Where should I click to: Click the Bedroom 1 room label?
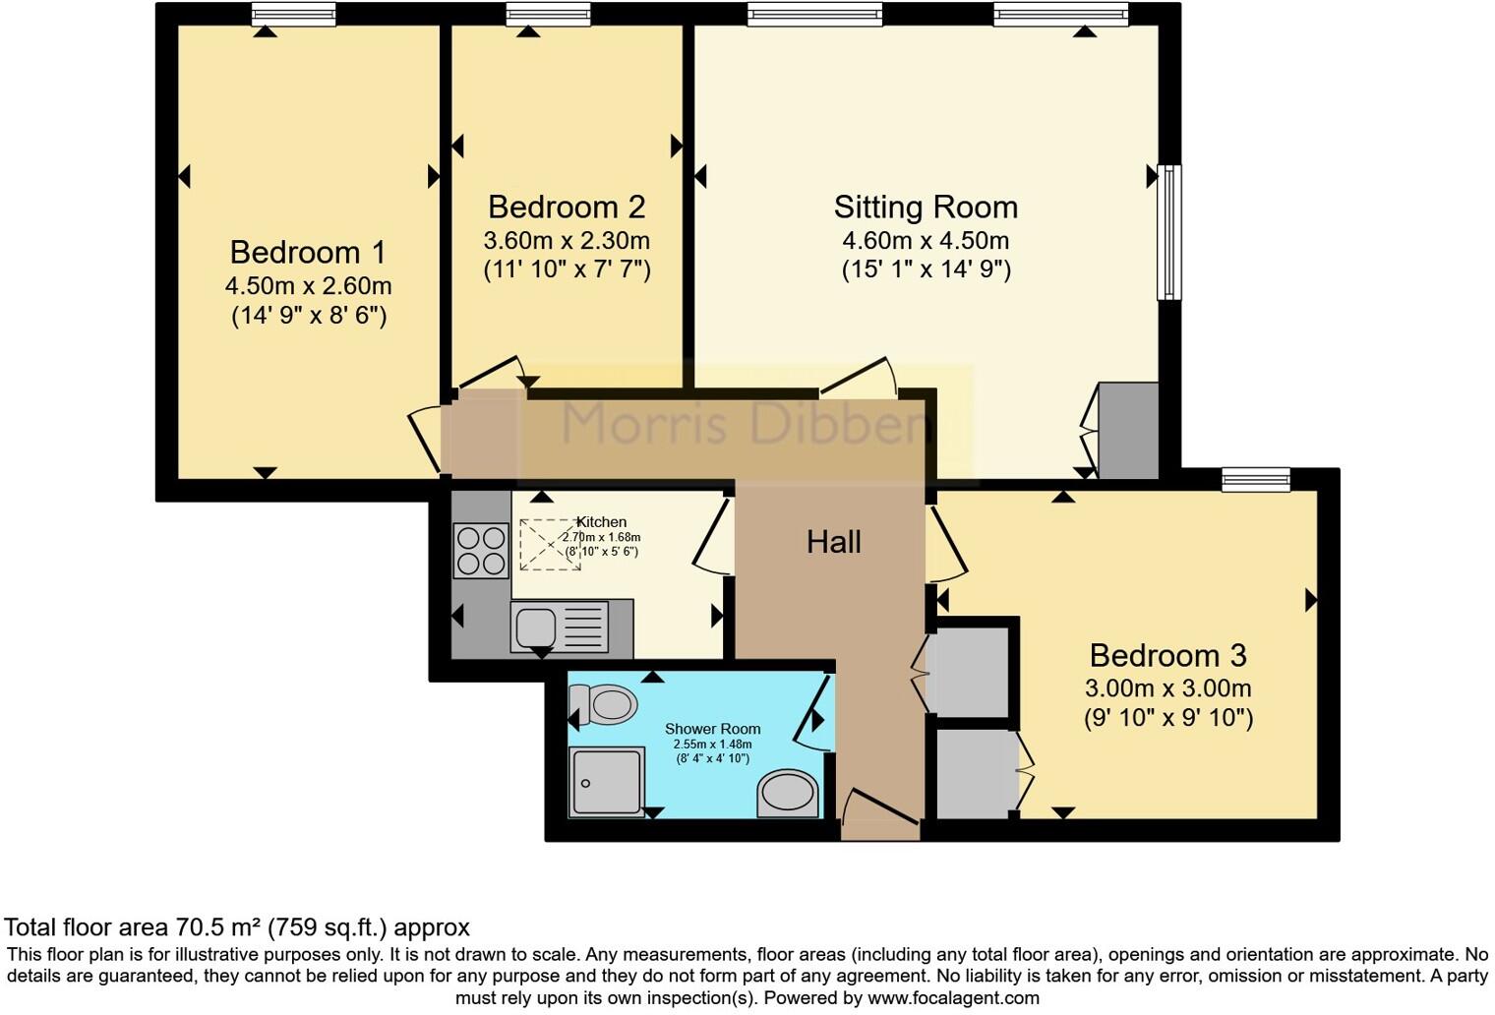click(x=308, y=253)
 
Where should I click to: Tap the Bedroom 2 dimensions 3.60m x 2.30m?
click(x=567, y=241)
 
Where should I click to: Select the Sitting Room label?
click(x=926, y=208)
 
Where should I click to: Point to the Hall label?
click(x=834, y=542)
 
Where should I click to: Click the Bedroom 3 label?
click(x=1167, y=655)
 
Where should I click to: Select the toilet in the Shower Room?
click(x=602, y=705)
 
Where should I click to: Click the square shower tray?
click(x=607, y=781)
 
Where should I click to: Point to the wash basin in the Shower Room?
click(x=788, y=793)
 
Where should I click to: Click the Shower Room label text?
click(x=712, y=729)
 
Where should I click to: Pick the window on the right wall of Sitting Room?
click(x=1168, y=232)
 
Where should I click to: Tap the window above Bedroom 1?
click(x=293, y=14)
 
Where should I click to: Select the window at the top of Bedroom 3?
click(x=1256, y=479)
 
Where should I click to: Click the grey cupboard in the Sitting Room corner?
click(x=1128, y=431)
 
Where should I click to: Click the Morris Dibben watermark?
click(x=746, y=425)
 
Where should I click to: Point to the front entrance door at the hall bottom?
click(x=880, y=816)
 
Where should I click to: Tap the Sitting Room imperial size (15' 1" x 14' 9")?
click(x=926, y=269)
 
